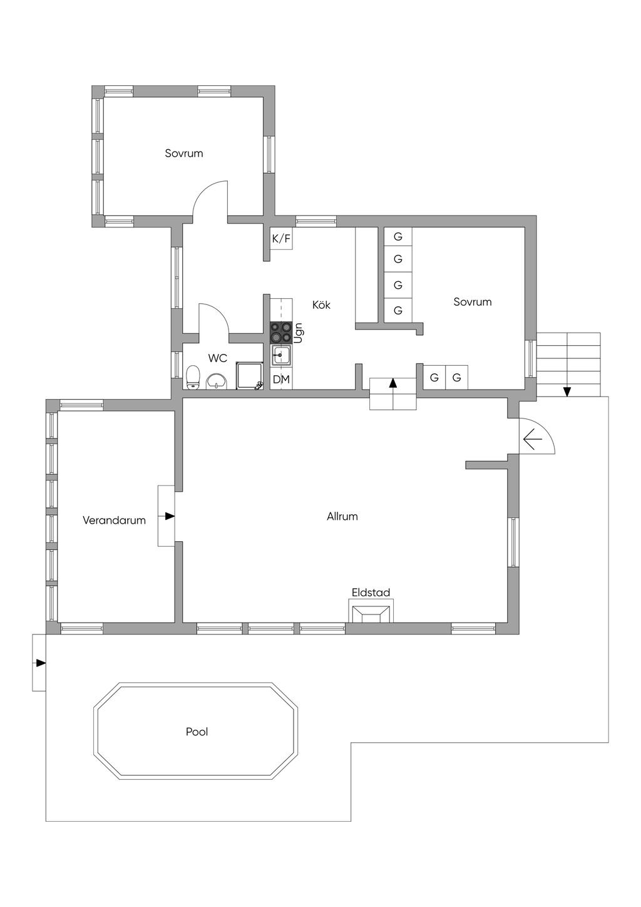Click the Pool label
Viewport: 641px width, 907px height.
tap(197, 732)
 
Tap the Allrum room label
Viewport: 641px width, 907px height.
tap(342, 516)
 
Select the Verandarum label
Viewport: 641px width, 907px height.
tap(114, 521)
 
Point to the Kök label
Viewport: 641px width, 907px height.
tap(321, 304)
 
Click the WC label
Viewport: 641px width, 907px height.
tap(218, 358)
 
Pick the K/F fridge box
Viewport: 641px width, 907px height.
tap(281, 239)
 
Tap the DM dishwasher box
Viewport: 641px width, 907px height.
tap(281, 380)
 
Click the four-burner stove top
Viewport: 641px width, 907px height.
tap(281, 333)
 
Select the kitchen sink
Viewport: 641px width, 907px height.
tap(281, 355)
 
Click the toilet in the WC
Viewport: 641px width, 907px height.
tap(193, 377)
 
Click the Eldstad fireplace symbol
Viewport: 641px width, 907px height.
tap(371, 613)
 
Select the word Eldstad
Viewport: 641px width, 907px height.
tap(371, 593)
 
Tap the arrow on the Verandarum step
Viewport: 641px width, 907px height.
tap(170, 516)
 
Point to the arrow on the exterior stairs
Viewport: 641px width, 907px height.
tap(567, 391)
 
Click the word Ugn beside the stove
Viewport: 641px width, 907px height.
tap(299, 333)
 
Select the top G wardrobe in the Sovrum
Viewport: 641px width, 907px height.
tap(397, 237)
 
